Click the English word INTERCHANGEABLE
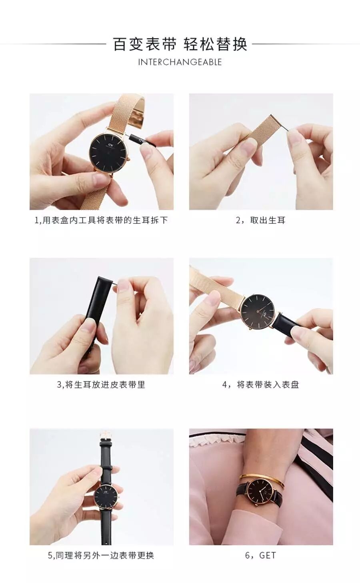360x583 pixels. pos(180,62)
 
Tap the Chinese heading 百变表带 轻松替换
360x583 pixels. pos(180,44)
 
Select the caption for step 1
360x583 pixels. pos(101,220)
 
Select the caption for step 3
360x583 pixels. pos(101,384)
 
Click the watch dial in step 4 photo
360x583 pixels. pos(258,311)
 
